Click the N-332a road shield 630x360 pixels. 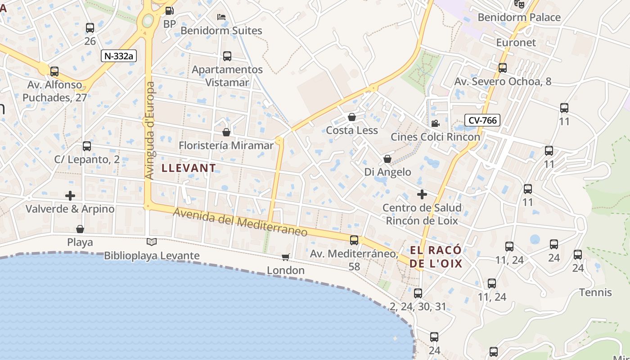[119, 56]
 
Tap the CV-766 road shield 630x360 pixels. [482, 120]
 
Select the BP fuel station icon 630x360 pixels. [170, 11]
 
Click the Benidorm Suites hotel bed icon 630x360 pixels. [221, 17]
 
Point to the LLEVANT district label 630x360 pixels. [189, 168]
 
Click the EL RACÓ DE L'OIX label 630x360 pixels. [436, 257]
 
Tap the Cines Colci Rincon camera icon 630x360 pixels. [435, 123]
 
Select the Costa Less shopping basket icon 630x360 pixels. [352, 117]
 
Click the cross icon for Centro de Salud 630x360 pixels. [422, 194]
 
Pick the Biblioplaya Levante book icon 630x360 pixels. [152, 242]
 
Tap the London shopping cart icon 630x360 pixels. [285, 257]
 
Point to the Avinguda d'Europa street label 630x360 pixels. [150, 130]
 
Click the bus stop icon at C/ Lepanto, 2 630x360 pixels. [87, 146]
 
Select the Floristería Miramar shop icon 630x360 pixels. [226, 132]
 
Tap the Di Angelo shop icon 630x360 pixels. [387, 159]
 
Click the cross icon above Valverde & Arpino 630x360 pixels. [70, 196]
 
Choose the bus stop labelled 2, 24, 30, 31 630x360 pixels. [418, 293]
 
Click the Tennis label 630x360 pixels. [595, 292]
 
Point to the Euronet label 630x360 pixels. [516, 43]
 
